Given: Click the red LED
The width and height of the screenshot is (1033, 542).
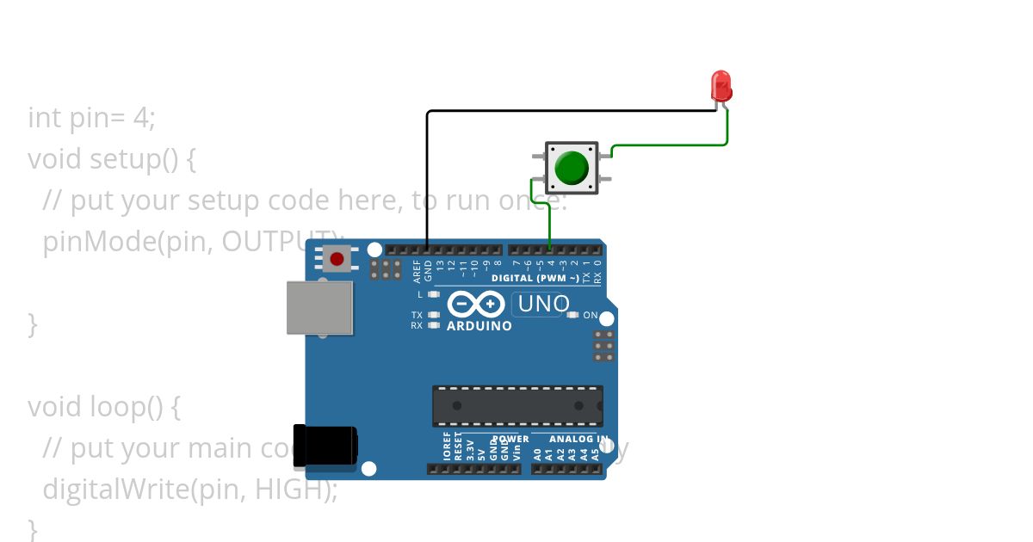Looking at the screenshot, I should click(721, 86).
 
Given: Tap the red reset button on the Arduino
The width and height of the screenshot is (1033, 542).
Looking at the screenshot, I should click(337, 258).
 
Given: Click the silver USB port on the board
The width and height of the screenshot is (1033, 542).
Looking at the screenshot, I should click(319, 307).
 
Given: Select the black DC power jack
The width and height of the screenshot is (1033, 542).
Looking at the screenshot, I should click(325, 446).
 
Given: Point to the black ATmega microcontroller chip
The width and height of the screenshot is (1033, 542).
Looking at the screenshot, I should click(516, 405).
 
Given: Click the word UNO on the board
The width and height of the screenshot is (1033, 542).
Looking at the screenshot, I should click(544, 304).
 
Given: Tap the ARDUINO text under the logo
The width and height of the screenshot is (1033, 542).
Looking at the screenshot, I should click(479, 326).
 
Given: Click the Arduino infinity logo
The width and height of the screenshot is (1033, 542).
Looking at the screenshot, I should click(475, 305).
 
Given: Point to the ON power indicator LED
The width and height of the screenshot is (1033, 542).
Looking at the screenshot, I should click(573, 315).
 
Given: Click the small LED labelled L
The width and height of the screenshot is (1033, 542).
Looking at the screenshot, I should click(434, 294).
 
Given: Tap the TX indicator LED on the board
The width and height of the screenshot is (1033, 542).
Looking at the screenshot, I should click(434, 315).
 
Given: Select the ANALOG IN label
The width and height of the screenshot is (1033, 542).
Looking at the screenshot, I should click(578, 439).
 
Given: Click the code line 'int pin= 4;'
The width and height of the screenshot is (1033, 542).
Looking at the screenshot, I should click(91, 118).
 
